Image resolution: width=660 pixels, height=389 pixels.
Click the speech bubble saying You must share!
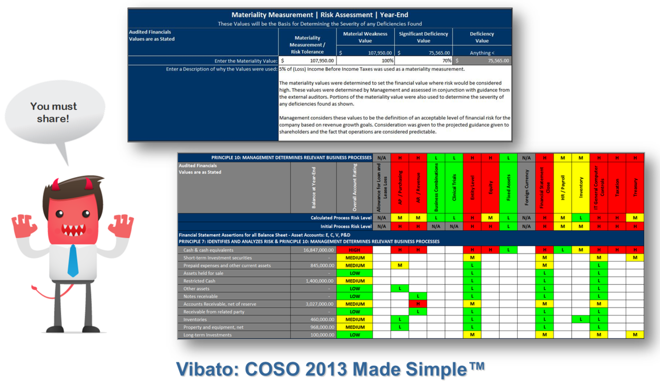[53, 112]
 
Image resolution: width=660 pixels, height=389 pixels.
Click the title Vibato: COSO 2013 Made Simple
[330, 368]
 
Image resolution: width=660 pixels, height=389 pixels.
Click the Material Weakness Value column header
[365, 37]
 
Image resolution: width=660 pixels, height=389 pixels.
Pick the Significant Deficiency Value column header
[423, 37]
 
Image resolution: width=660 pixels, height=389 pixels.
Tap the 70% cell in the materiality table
[423, 60]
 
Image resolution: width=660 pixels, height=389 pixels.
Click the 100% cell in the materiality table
[365, 60]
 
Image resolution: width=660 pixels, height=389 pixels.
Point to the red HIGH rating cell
[355, 250]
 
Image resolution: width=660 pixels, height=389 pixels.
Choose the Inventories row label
[195, 319]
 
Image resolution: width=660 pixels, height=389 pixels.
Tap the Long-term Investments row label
[207, 334]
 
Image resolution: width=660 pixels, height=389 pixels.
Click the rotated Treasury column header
[635, 187]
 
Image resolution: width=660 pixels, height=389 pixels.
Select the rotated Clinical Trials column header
[454, 187]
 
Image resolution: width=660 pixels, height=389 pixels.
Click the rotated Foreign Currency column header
[527, 187]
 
